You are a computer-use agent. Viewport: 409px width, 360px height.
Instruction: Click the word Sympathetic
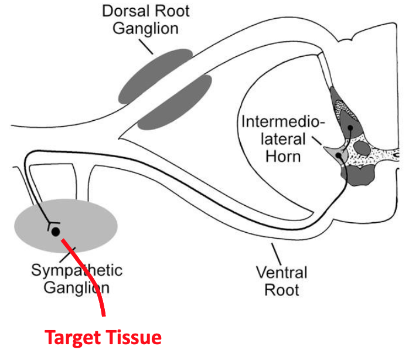[x=77, y=270]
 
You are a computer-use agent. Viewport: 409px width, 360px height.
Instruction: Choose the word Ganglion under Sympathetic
[x=71, y=287]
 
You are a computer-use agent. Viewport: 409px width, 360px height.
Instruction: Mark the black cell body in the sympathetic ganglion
[x=55, y=232]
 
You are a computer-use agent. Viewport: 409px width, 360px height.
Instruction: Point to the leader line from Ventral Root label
[x=274, y=252]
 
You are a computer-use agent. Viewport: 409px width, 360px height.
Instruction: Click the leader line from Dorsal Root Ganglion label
[x=146, y=46]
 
